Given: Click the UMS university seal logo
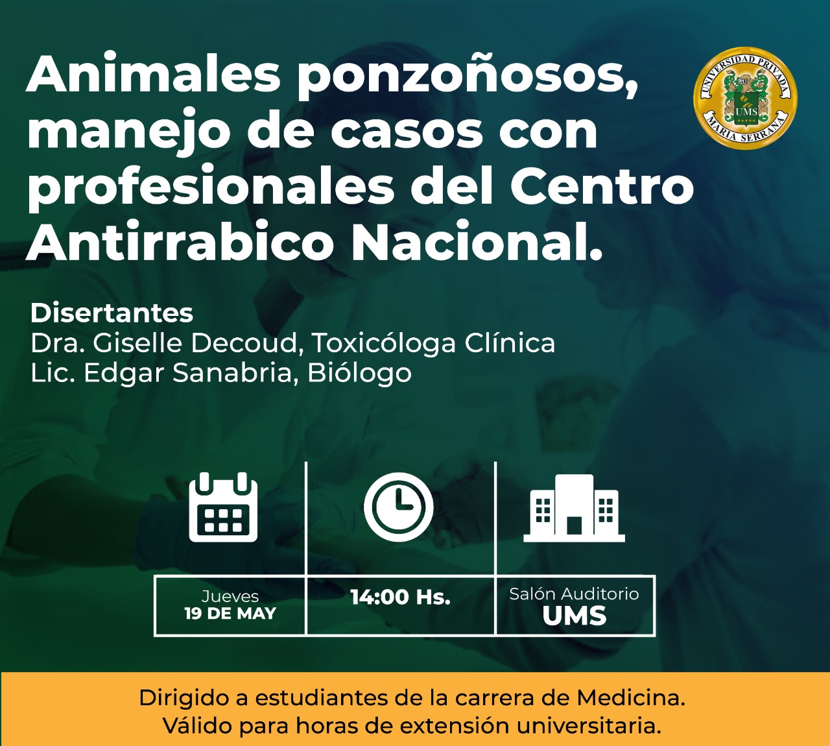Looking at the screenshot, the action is [x=745, y=98].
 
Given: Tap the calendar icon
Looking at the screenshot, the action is [x=223, y=507].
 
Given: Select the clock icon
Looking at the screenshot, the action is [x=399, y=507].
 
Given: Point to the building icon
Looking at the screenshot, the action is [x=574, y=509].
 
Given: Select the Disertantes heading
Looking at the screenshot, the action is [x=112, y=313].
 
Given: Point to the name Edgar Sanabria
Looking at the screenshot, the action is [x=186, y=372].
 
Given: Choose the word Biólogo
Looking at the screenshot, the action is [x=359, y=374].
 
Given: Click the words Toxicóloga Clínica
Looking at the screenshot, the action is [x=433, y=344].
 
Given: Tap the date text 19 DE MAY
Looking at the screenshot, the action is [x=230, y=614].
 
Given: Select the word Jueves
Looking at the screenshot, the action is [x=230, y=596].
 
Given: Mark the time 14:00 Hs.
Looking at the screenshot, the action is [x=401, y=597].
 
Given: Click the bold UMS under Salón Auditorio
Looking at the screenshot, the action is [x=575, y=616].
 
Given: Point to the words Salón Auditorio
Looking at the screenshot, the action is [x=574, y=594].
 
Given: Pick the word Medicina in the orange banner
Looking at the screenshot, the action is [x=632, y=698].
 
